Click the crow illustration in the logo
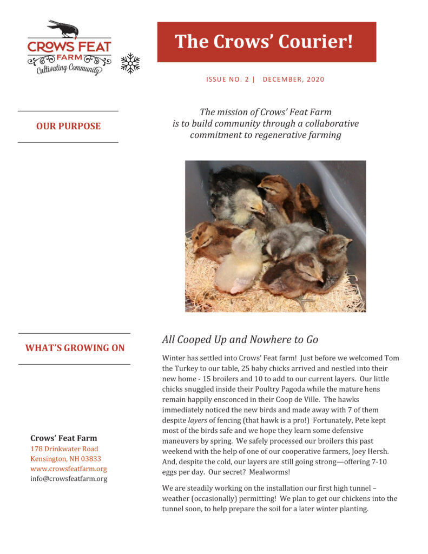coord(63,28)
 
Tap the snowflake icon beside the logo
coord(130,63)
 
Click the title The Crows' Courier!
coord(264,42)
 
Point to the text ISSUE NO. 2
coord(227,80)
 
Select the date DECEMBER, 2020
coord(293,80)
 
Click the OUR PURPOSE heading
coord(68,127)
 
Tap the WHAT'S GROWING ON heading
coord(75,348)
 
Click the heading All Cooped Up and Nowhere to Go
coord(240,340)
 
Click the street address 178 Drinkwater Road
coord(64,449)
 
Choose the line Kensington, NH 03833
coord(65,459)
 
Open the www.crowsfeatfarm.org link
coord(68,469)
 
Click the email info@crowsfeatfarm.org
coord(68,479)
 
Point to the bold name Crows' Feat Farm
coord(63,438)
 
